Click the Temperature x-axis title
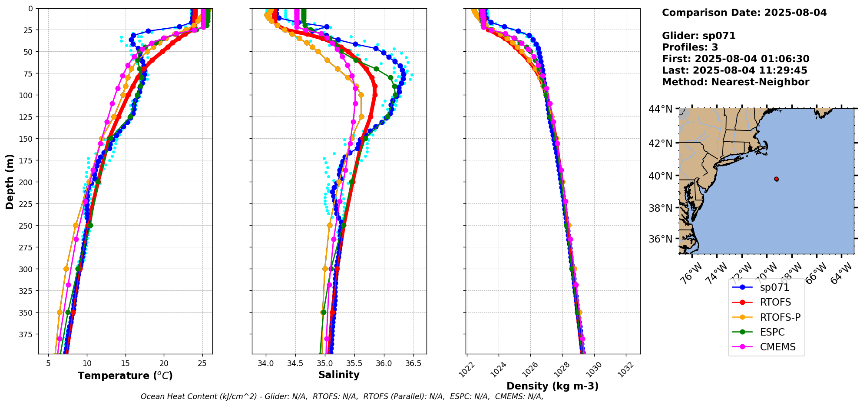pos(125,376)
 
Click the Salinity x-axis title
pos(339,375)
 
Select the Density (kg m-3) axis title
pos(552,386)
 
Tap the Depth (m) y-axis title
pos(10,181)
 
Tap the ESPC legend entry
pos(772,332)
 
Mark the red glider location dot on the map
pos(776,179)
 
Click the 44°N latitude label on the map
pos(661,109)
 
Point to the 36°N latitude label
pos(661,239)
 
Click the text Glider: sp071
pos(698,36)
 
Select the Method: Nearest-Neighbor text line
pos(735,82)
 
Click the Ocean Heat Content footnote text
pos(342,396)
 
